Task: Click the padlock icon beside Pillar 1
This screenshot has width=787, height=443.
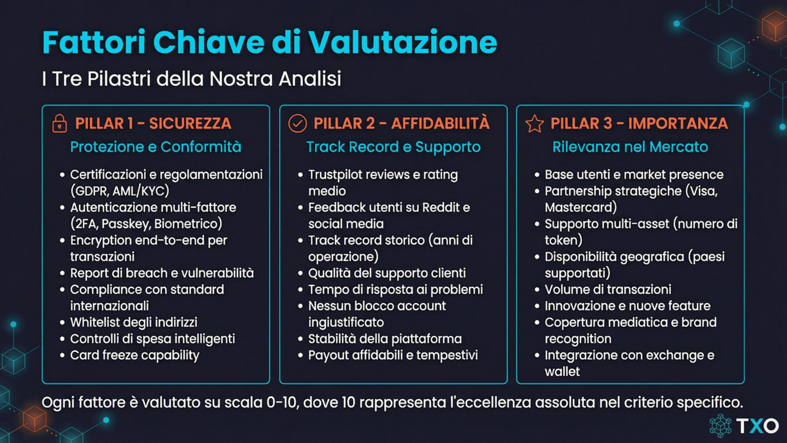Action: pyautogui.click(x=60, y=124)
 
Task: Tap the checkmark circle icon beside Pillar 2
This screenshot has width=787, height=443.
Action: pyautogui.click(x=297, y=124)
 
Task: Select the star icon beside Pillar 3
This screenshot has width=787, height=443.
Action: pyautogui.click(x=535, y=124)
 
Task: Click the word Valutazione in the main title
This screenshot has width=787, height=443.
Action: pyautogui.click(x=402, y=42)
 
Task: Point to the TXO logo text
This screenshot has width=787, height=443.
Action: pyautogui.click(x=757, y=425)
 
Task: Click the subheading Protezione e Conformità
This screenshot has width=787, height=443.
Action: pyautogui.click(x=156, y=147)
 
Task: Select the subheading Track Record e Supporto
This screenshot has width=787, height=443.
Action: pyautogui.click(x=393, y=147)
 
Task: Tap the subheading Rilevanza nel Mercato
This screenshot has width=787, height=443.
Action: pyautogui.click(x=630, y=147)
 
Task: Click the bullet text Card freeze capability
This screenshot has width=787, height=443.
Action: pyautogui.click(x=134, y=355)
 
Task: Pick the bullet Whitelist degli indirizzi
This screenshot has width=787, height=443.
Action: pyautogui.click(x=133, y=322)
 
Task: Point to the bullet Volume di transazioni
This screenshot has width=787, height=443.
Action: pyautogui.click(x=608, y=289)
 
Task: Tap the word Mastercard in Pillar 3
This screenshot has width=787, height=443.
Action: pyautogui.click(x=580, y=207)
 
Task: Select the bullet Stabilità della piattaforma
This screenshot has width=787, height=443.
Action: pyautogui.click(x=385, y=339)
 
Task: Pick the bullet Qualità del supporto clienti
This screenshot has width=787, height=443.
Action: pyautogui.click(x=387, y=273)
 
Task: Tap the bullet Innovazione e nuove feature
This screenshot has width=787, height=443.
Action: pyautogui.click(x=627, y=306)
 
